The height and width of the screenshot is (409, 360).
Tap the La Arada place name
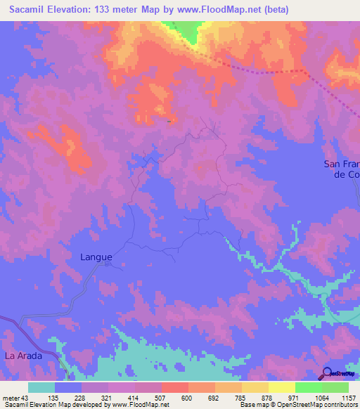pyautogui.click(x=24, y=356)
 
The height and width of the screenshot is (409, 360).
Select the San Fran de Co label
pyautogui.click(x=342, y=169)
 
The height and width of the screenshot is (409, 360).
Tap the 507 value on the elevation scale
pyautogui.click(x=161, y=398)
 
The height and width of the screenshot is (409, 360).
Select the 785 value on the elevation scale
pyautogui.click(x=241, y=398)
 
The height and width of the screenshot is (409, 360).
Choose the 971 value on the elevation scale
pyautogui.click(x=295, y=398)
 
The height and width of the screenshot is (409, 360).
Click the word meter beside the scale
pyautogui.click(x=10, y=398)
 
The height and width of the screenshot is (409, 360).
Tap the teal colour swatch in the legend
pyautogui.click(x=41, y=387)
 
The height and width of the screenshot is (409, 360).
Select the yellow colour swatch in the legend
pyautogui.click(x=281, y=387)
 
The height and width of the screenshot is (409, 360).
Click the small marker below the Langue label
pyautogui.click(x=107, y=265)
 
